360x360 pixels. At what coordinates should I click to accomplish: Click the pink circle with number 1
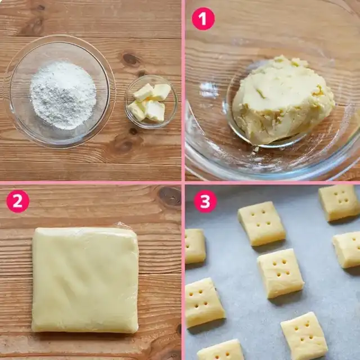[203, 19]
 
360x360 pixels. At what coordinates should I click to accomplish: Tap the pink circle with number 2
[18, 201]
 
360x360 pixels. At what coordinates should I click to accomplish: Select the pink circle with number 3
[205, 201]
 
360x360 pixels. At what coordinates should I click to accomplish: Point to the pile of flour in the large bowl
[63, 95]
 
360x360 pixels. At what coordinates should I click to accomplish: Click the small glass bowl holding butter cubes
[151, 101]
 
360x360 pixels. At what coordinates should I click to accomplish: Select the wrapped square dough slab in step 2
[85, 280]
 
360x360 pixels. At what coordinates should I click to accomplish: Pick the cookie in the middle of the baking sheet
[281, 273]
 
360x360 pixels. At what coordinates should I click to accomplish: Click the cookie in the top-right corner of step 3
[339, 202]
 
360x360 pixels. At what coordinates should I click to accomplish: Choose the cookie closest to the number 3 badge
[261, 223]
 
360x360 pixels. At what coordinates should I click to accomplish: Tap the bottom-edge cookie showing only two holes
[221, 350]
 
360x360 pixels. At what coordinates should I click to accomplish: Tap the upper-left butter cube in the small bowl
[144, 92]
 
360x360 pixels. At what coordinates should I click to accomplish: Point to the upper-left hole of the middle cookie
[274, 264]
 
